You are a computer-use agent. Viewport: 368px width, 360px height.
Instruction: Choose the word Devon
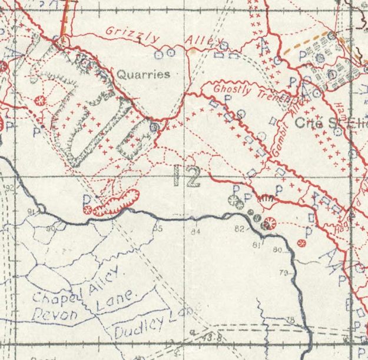pos(54,315)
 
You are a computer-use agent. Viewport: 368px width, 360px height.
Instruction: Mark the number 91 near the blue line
pos(31,211)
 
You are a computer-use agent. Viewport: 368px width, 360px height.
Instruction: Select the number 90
pos(51,228)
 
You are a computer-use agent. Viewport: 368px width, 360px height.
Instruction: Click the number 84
pos(195,232)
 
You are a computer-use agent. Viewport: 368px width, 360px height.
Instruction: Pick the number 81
pos(256,244)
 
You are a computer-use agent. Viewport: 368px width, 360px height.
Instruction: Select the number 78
pos(290,319)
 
